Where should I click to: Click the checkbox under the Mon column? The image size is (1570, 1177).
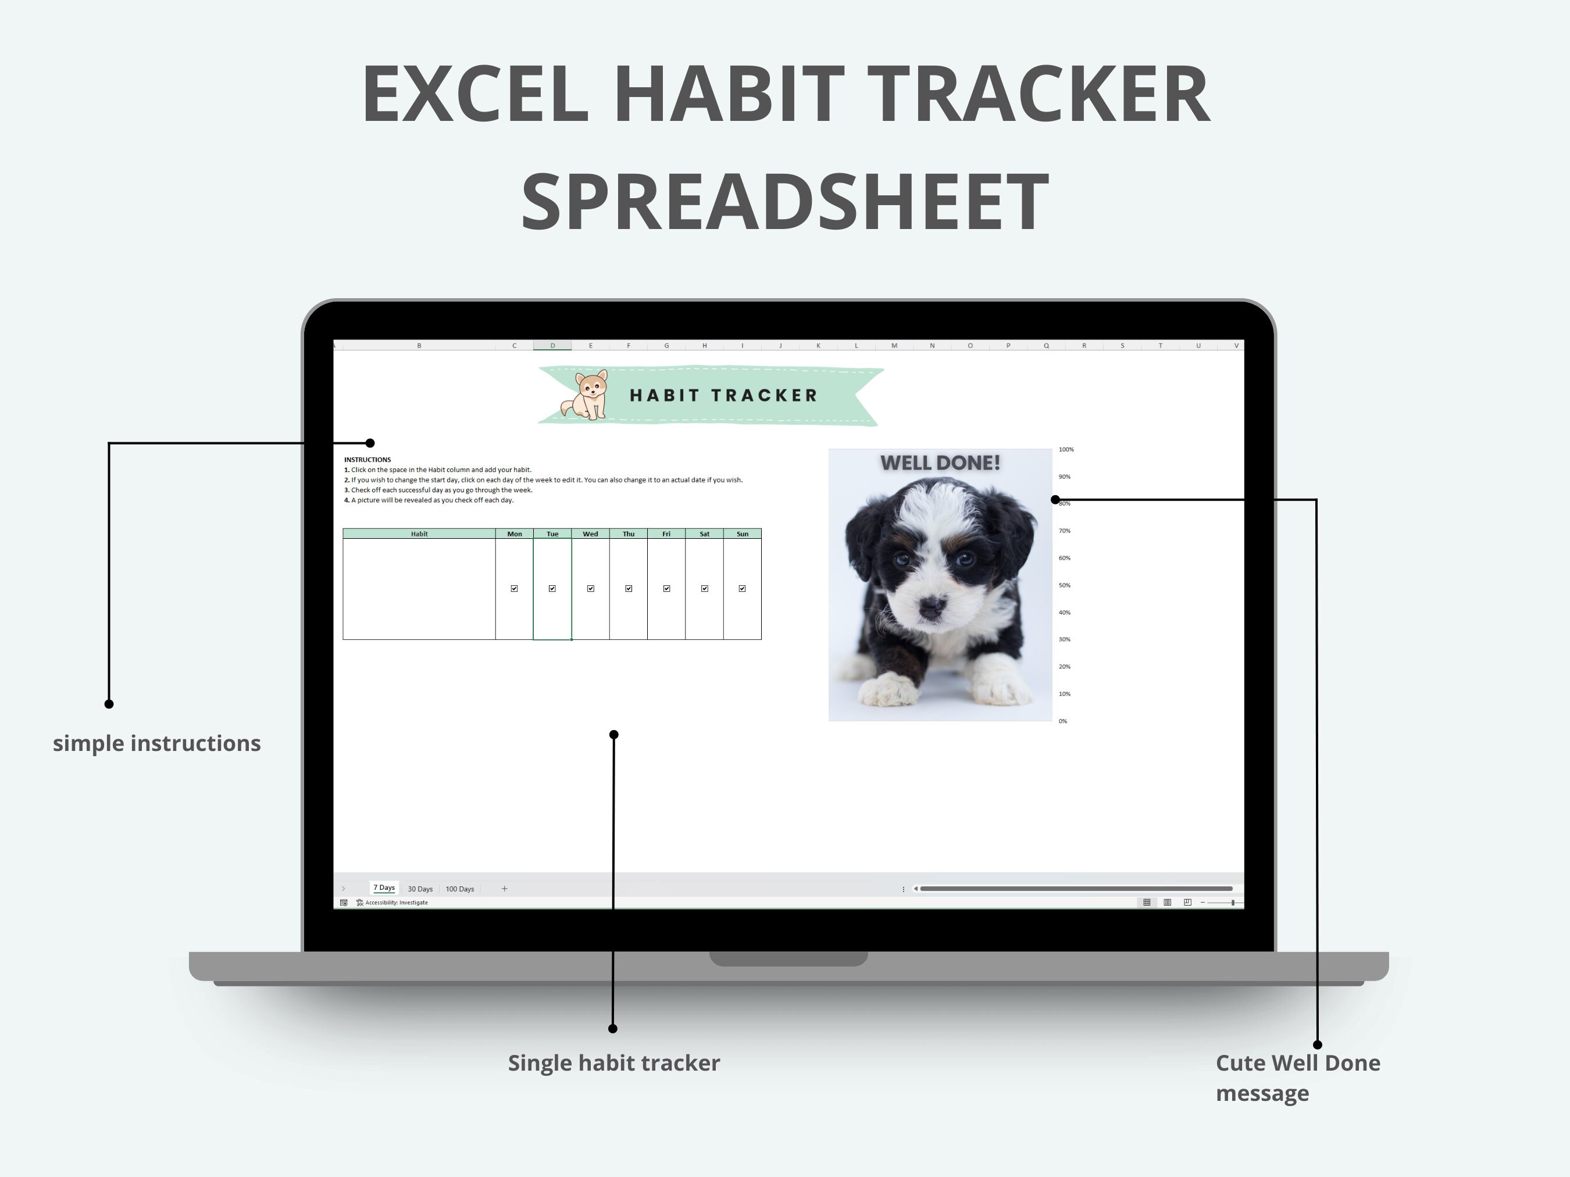point(514,588)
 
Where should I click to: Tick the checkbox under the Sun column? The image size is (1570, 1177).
point(742,588)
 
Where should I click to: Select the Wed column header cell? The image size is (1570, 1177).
point(590,534)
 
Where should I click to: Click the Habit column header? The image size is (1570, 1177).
point(419,534)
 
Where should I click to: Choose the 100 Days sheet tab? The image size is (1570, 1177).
point(459,889)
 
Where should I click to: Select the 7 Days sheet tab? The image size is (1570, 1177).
point(384,888)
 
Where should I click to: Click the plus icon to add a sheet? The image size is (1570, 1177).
point(504,888)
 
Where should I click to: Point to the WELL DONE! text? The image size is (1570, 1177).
point(940,463)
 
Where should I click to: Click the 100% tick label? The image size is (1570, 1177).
point(1065,449)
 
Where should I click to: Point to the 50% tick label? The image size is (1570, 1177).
point(1064,585)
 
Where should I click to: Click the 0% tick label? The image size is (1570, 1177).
point(1062,721)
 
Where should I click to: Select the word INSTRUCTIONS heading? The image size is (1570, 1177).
point(367,460)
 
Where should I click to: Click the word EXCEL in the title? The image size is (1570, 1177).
point(476,94)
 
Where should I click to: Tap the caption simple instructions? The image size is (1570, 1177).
point(157,743)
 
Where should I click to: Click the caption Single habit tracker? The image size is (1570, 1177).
point(613,1062)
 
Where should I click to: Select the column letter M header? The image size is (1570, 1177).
point(894,345)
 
